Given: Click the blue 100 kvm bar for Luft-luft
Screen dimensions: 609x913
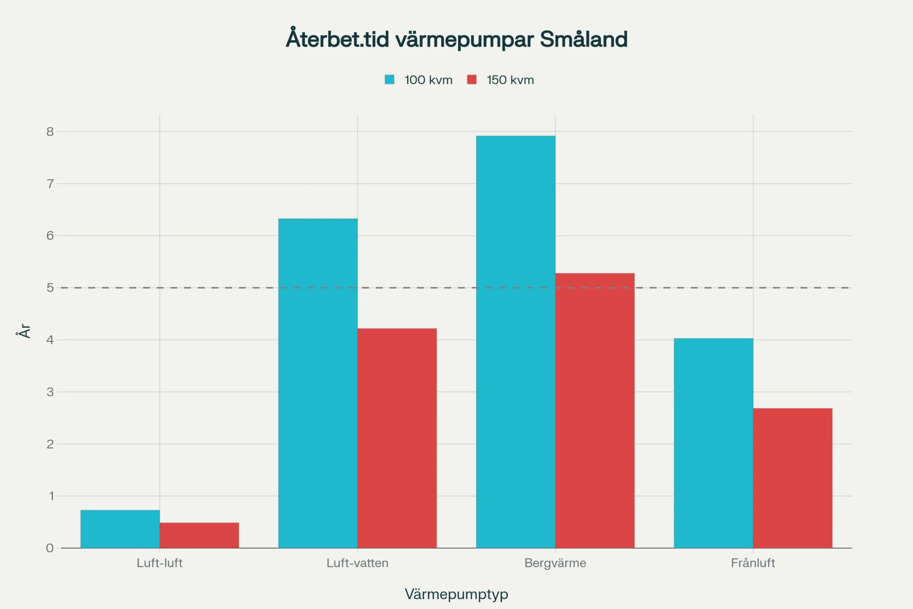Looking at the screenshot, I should (120, 529).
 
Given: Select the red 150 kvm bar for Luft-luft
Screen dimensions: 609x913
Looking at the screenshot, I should (199, 535).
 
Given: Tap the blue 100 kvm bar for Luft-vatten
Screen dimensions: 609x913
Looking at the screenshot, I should (318, 383).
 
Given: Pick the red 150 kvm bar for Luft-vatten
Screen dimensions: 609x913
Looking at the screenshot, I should (397, 438).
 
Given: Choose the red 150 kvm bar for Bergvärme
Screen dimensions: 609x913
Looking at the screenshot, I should (595, 410).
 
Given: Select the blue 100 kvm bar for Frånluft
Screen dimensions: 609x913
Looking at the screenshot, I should (713, 443).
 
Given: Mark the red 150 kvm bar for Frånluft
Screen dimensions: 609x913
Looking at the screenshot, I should (793, 478).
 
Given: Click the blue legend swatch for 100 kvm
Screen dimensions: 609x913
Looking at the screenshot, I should (389, 80).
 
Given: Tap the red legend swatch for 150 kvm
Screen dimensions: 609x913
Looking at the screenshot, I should (472, 80).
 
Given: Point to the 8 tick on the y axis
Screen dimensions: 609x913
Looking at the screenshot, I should (50, 132).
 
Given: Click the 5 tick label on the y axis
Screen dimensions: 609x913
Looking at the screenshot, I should (50, 288).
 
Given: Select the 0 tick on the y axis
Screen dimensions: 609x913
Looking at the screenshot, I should (50, 548).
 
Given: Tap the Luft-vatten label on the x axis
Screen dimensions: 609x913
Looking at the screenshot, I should (357, 563).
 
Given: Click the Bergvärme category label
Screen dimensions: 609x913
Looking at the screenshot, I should (555, 563).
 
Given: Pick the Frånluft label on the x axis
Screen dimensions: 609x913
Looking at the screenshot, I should (753, 563).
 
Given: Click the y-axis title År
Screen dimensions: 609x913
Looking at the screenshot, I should (24, 331).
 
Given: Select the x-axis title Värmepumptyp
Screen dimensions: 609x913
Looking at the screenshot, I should (456, 594).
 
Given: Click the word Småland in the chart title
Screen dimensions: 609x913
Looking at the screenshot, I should (583, 39).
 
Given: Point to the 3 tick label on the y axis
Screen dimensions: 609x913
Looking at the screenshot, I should (50, 392).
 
